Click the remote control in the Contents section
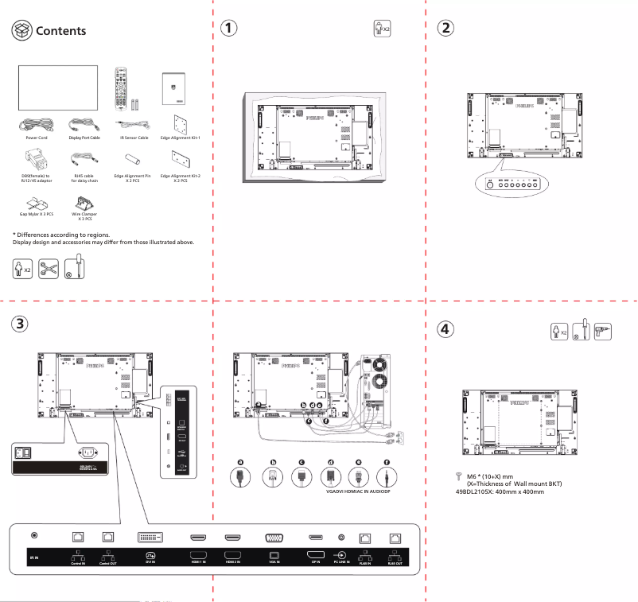point(121,83)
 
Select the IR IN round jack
point(33,538)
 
